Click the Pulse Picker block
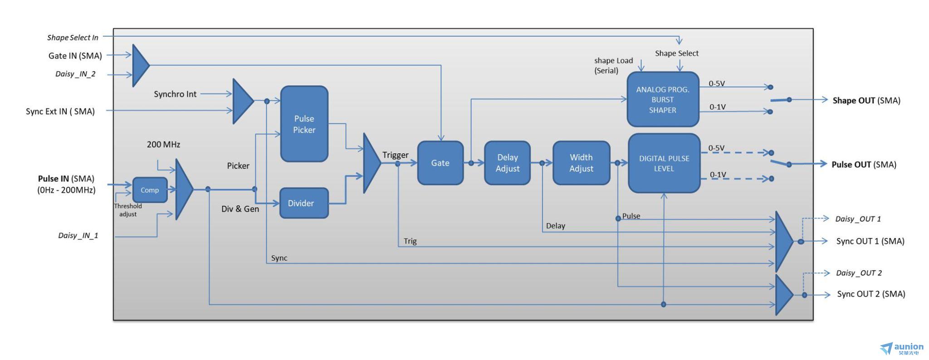tap(304, 124)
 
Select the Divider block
tap(304, 203)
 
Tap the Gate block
tap(440, 163)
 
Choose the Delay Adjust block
tap(507, 163)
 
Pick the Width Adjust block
tap(581, 163)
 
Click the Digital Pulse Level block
tap(664, 163)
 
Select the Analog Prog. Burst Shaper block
tap(663, 99)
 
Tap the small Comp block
tap(150, 190)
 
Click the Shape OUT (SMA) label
tap(866, 101)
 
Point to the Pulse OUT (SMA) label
tap(864, 165)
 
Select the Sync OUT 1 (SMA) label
tap(870, 241)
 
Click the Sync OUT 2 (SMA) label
tap(871, 294)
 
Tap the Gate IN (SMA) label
tap(75, 56)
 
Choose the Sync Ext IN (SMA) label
tap(60, 112)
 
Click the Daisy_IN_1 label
tap(78, 235)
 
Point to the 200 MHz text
tap(163, 145)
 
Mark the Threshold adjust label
tap(128, 210)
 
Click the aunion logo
tap(902, 349)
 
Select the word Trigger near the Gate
tap(396, 155)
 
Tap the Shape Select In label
tap(73, 38)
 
